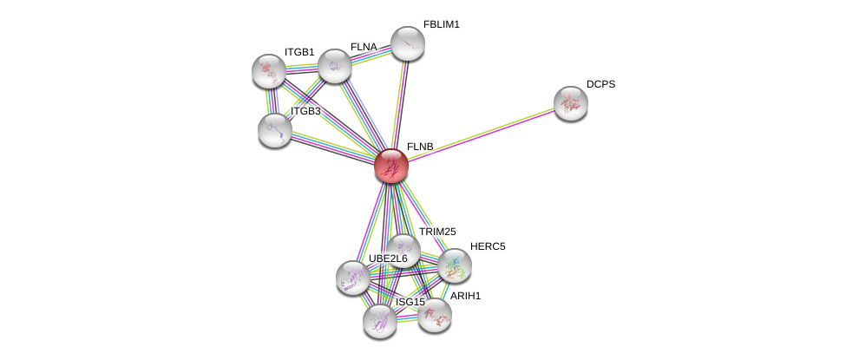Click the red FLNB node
(391, 166)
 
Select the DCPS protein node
(571, 103)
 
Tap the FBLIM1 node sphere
(407, 43)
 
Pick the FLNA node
(335, 67)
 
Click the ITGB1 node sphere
(269, 71)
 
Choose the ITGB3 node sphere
(275, 131)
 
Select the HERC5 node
(455, 265)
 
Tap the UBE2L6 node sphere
(353, 278)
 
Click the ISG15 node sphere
(380, 322)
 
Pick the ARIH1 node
(435, 315)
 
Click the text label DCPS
(600, 85)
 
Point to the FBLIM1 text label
(442, 25)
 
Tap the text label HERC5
(488, 246)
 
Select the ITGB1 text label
(299, 52)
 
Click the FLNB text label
(420, 147)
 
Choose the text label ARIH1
(466, 296)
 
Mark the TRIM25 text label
(437, 232)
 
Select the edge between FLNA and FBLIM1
(371, 55)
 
